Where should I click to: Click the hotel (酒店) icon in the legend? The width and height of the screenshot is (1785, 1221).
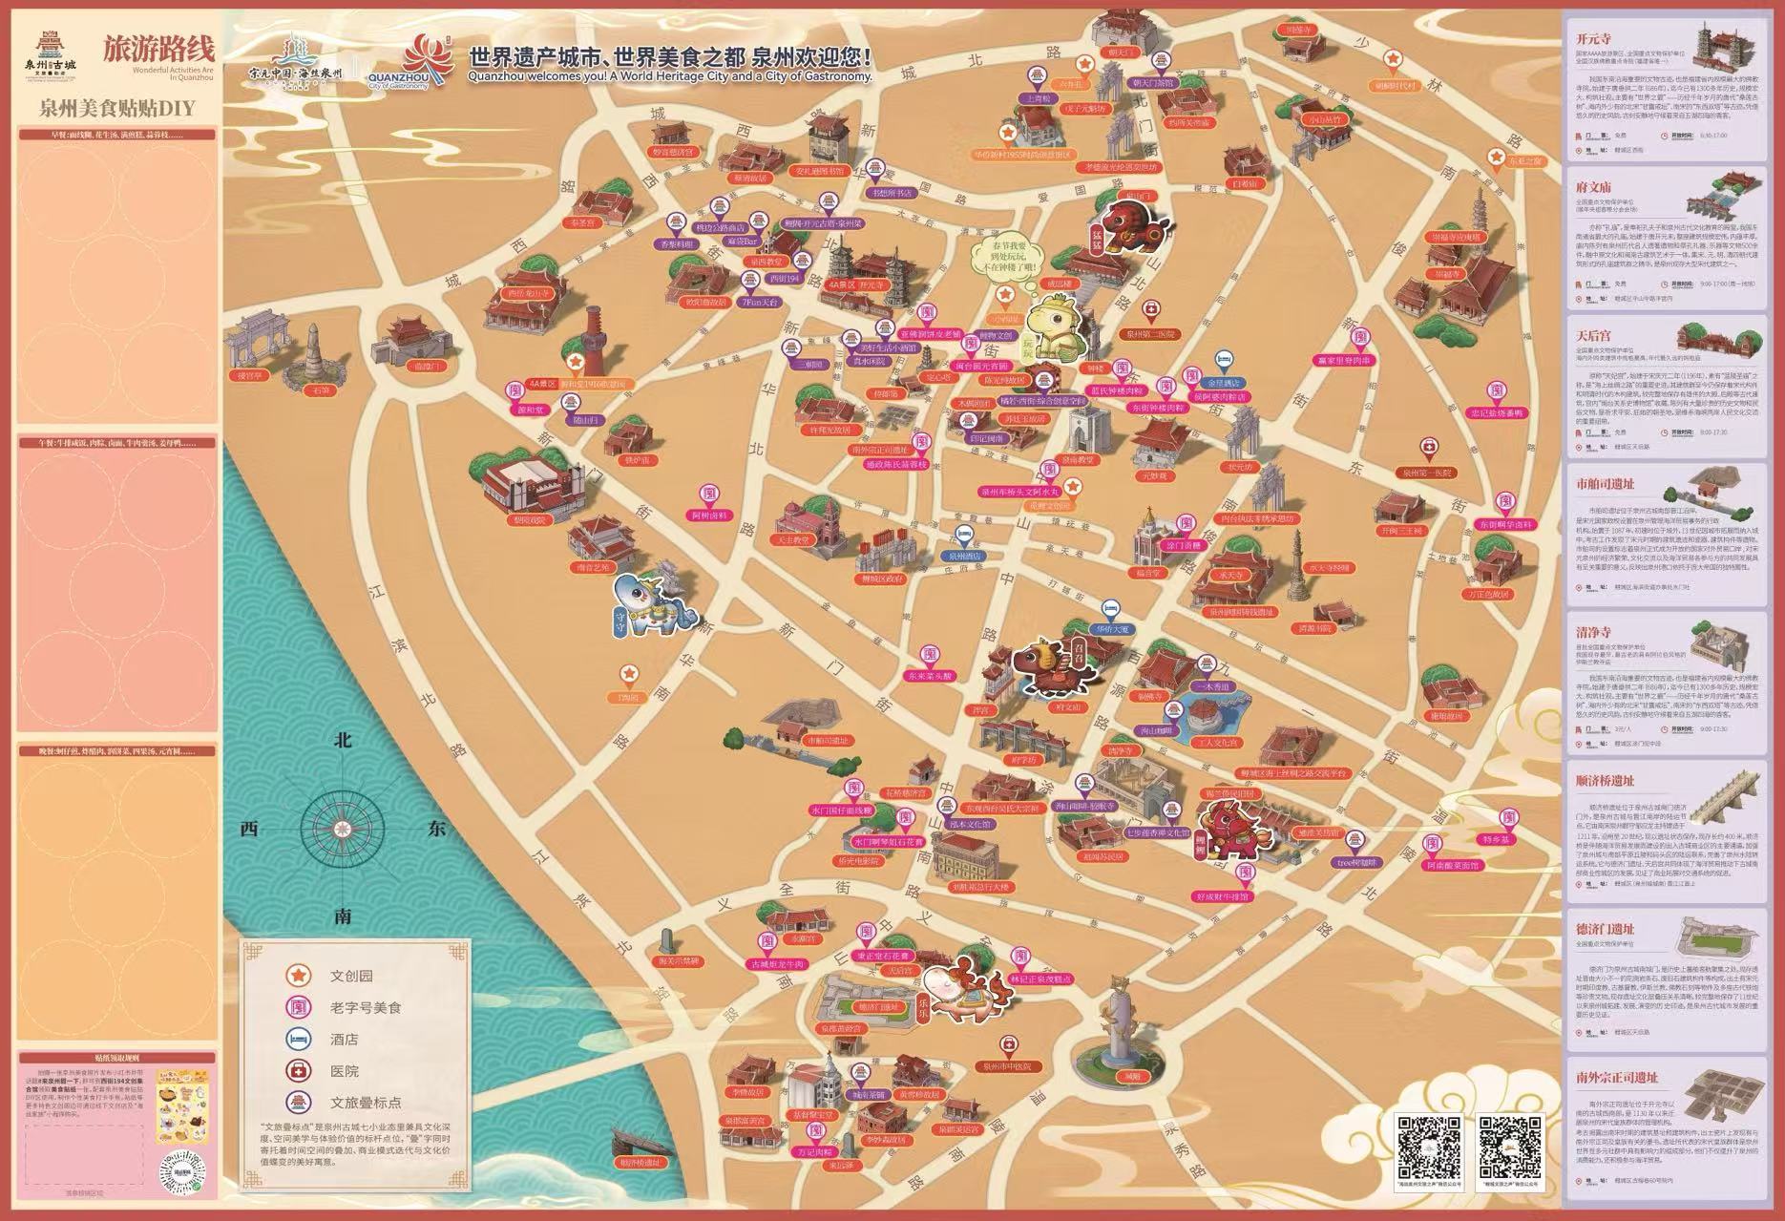click(299, 1039)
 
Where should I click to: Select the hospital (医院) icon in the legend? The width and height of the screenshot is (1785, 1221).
click(299, 1070)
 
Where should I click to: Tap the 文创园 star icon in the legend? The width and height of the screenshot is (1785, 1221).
click(299, 976)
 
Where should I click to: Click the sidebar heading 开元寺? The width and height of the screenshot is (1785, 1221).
click(1593, 39)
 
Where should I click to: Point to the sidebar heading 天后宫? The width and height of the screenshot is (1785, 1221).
click(1593, 336)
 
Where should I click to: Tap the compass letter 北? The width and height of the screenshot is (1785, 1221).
click(344, 740)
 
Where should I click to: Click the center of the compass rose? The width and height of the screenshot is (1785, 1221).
click(343, 829)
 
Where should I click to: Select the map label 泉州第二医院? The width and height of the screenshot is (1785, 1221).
click(1150, 335)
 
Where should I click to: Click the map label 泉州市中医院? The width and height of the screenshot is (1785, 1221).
click(1008, 1066)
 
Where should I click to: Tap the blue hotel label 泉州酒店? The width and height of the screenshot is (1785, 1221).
click(965, 555)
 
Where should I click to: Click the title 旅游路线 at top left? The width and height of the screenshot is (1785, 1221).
click(158, 48)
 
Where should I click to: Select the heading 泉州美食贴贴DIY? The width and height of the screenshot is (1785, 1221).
click(116, 108)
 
